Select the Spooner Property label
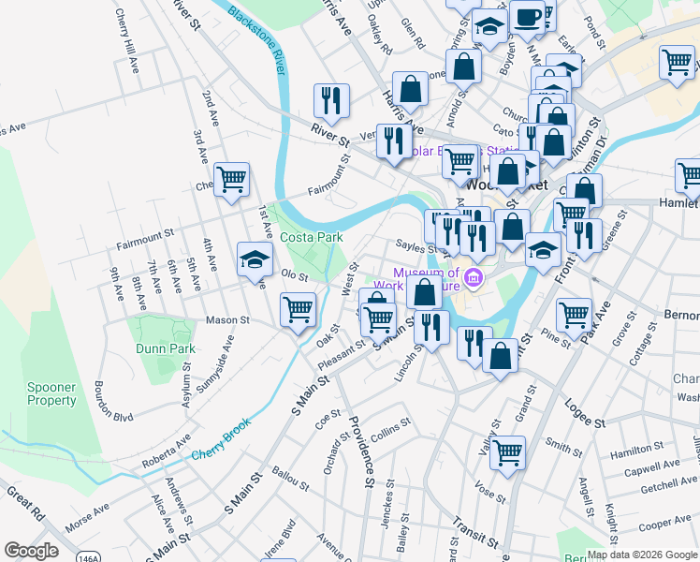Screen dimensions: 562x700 tap(51, 393)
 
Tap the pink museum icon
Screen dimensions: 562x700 tap(474, 278)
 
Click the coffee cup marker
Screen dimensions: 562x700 tap(528, 18)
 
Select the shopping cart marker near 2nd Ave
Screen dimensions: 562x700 tap(230, 178)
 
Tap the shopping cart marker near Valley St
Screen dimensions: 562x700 tap(508, 452)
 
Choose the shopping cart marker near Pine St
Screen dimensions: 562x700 tap(573, 313)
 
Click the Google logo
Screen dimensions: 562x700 tap(31, 551)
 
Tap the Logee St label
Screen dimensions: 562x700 tap(584, 411)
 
